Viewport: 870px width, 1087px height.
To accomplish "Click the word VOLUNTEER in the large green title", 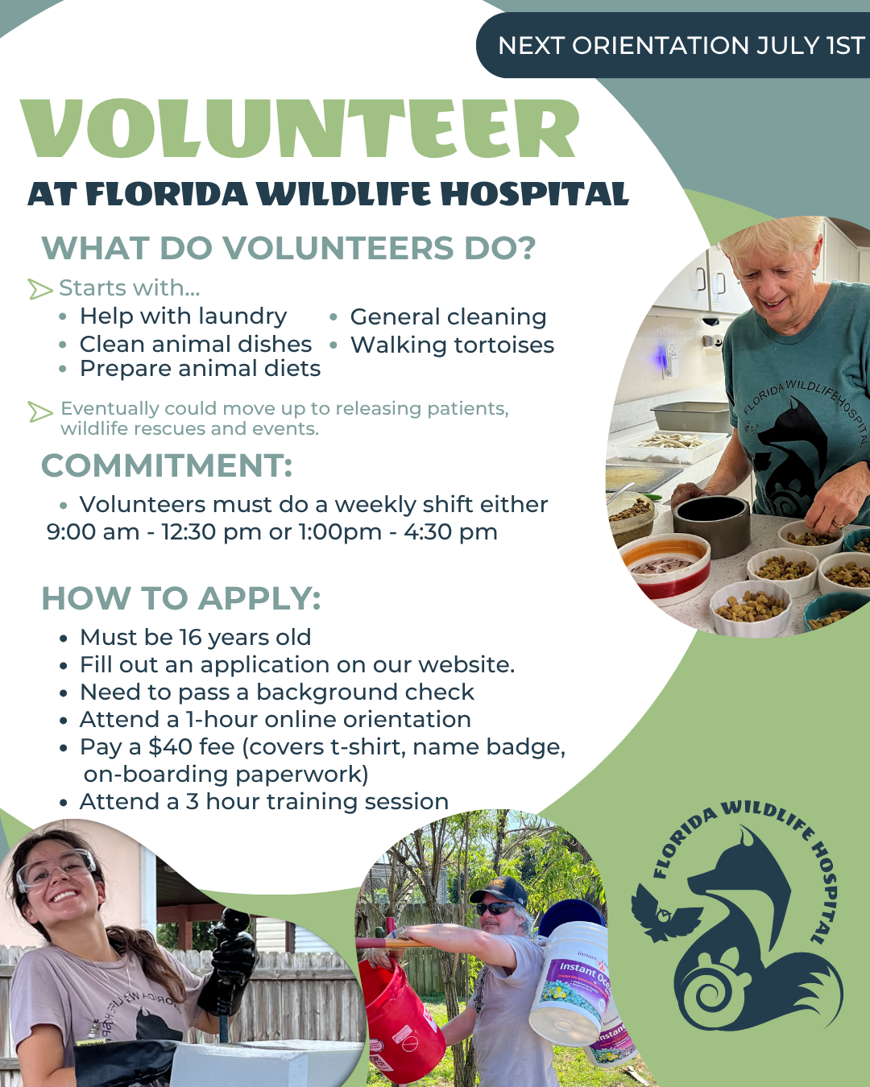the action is tap(300, 128).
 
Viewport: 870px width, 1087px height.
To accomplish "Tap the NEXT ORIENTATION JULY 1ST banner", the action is tap(673, 45).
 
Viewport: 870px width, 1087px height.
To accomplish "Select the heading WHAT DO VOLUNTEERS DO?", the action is tap(288, 248).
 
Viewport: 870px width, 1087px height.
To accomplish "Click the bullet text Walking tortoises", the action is tap(452, 345).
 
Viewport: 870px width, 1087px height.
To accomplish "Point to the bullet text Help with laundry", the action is tap(183, 316).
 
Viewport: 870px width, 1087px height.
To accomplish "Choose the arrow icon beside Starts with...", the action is tap(40, 289).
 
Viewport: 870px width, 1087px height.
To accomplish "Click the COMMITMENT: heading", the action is tap(167, 465).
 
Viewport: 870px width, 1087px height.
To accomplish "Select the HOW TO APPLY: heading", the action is tap(181, 598).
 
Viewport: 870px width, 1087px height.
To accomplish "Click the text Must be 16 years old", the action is tap(195, 637).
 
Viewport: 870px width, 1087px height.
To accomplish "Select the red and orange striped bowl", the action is tap(665, 567).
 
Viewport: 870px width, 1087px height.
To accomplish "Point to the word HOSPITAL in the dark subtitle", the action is tap(535, 194).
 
